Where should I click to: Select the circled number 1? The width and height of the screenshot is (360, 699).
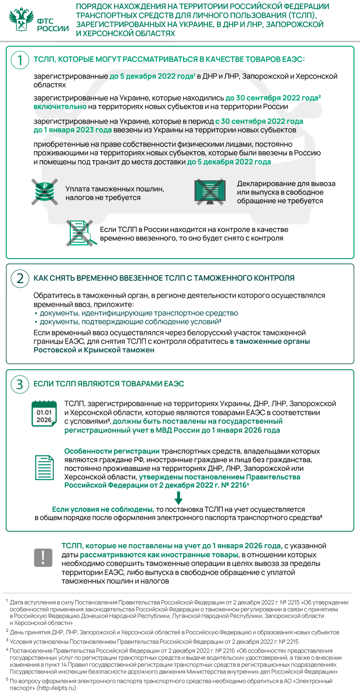[20, 60]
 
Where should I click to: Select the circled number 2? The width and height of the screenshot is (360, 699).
[20, 278]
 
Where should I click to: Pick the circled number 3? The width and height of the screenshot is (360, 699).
[20, 384]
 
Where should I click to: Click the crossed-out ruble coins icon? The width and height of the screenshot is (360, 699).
[45, 191]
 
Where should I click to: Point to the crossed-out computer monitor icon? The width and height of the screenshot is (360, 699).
[210, 192]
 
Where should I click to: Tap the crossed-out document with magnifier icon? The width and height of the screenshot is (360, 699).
[81, 234]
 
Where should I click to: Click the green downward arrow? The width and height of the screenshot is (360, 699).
[179, 497]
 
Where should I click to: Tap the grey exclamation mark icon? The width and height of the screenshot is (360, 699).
[43, 557]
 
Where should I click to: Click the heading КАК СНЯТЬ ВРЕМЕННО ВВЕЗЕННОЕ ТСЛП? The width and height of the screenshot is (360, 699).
[164, 278]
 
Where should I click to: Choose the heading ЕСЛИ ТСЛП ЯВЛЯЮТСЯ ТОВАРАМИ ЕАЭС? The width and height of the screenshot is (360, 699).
[109, 384]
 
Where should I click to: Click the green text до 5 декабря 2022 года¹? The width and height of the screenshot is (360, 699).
[152, 76]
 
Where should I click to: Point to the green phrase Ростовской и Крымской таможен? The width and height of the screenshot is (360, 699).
[94, 350]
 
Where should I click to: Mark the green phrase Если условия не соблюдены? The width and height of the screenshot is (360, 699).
[103, 509]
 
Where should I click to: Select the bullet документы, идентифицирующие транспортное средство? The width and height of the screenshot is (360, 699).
[138, 313]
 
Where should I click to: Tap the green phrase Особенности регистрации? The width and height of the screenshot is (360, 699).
[112, 451]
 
